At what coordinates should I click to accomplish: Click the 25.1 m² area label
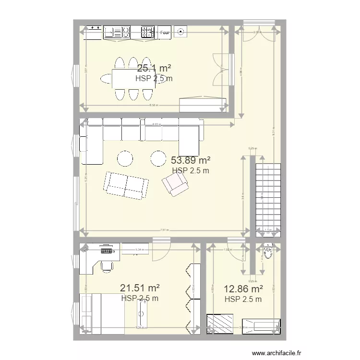click(x=154, y=68)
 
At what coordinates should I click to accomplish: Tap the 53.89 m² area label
click(x=191, y=160)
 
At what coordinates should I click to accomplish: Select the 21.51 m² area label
click(x=140, y=288)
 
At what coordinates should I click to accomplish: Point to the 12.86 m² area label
click(x=243, y=289)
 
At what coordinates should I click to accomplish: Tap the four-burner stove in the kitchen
click(x=147, y=32)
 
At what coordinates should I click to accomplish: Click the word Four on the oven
click(x=165, y=33)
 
